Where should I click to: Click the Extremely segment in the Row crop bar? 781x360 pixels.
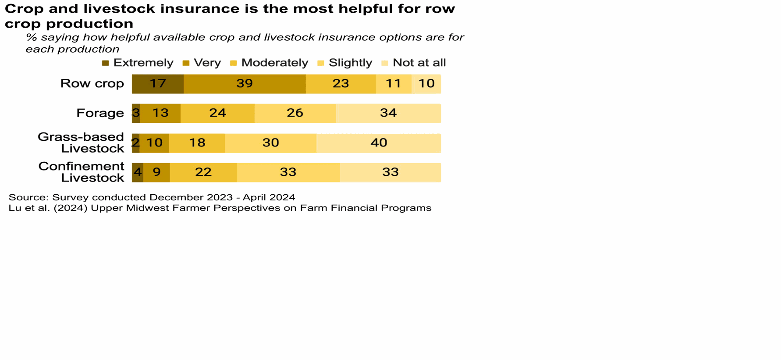157,84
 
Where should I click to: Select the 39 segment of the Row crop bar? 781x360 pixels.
244,84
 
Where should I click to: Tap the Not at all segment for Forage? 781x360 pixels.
388,113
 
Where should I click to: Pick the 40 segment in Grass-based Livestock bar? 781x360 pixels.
378,143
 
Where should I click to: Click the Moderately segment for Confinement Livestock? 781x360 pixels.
203,172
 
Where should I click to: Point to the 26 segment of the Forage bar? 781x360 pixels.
295,113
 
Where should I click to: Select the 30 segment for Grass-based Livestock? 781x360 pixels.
270,143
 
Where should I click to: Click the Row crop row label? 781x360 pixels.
92,84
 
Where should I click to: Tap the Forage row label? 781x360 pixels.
100,113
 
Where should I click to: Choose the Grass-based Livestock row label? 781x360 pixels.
81,143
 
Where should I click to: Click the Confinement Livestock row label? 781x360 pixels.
82,172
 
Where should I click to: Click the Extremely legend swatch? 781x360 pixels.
105,63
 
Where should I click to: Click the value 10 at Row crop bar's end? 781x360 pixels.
426,84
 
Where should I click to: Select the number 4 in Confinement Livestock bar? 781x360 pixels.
138,172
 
